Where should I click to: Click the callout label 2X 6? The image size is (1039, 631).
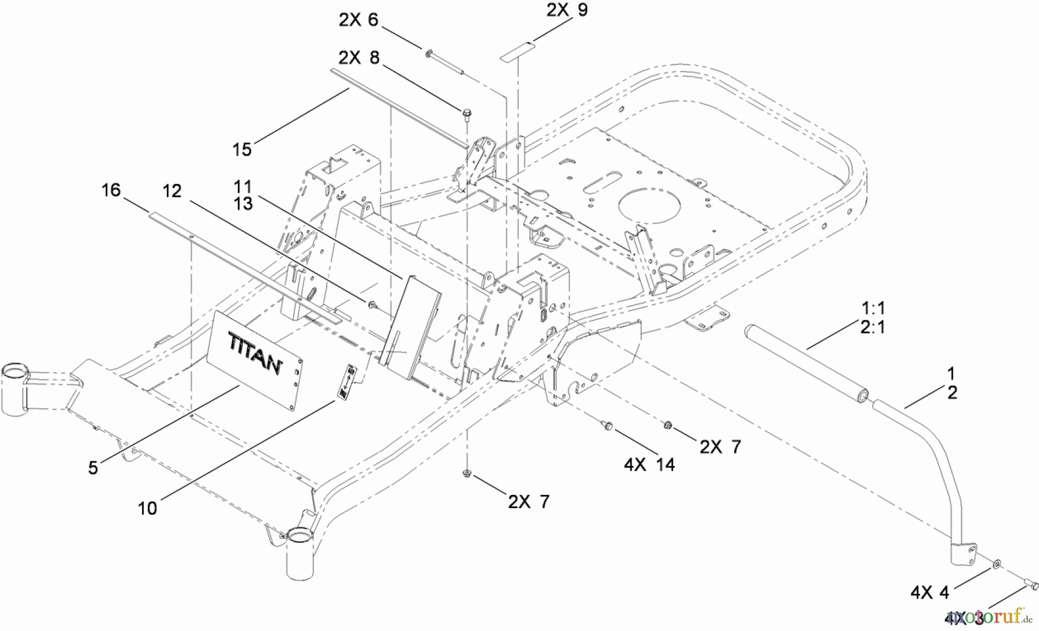click(x=358, y=20)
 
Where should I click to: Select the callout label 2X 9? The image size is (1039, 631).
click(x=567, y=10)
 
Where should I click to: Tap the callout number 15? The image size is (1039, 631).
click(x=242, y=149)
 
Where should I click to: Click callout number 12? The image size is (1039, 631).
click(x=172, y=191)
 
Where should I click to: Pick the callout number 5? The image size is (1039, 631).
click(x=93, y=467)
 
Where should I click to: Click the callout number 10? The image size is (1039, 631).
click(x=147, y=508)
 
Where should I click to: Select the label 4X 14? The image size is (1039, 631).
click(x=649, y=464)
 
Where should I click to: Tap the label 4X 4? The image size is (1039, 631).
click(x=929, y=592)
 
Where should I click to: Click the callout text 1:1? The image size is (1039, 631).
click(x=873, y=307)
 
